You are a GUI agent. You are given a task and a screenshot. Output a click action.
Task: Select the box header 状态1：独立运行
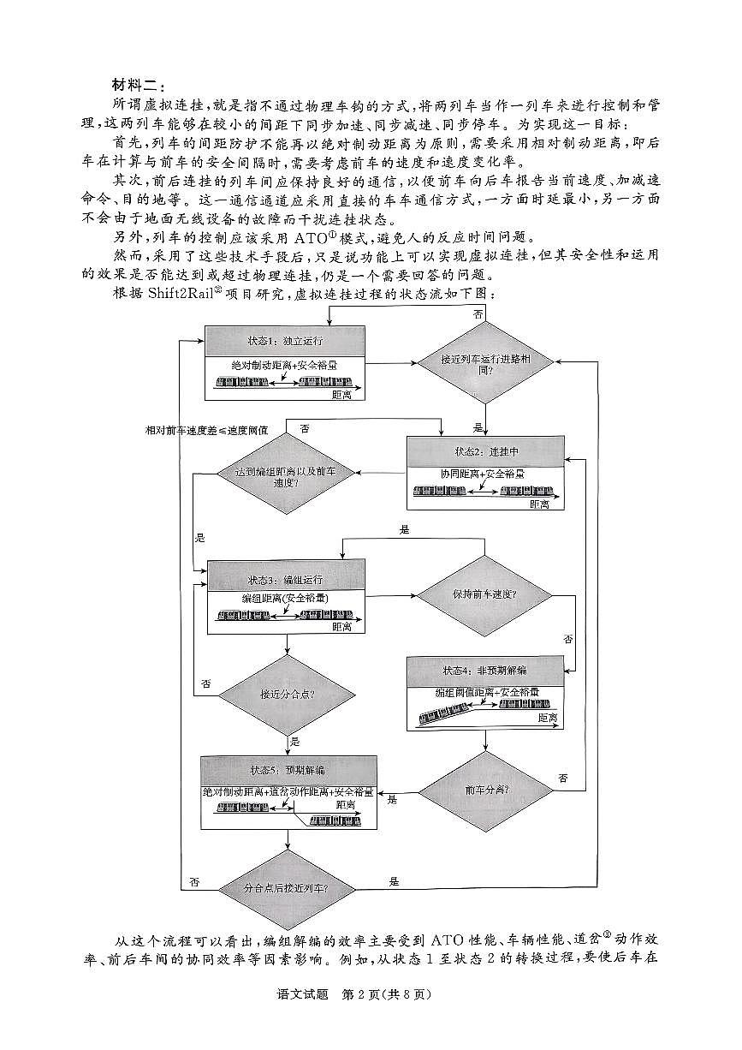(286, 340)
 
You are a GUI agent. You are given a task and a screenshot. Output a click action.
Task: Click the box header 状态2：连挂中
(485, 451)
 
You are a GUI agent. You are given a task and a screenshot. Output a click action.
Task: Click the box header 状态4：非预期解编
(485, 670)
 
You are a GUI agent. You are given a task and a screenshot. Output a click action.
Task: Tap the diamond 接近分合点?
(286, 693)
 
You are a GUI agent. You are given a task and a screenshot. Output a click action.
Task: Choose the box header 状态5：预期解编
(288, 768)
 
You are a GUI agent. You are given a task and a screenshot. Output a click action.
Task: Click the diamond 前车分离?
(484, 790)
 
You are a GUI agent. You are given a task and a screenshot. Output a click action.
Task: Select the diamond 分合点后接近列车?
(286, 887)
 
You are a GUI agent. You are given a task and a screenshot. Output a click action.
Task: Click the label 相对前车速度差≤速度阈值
(206, 431)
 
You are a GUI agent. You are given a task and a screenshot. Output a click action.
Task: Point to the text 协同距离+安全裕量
(483, 474)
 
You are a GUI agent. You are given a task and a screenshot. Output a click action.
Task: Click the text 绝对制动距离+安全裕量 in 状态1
(284, 365)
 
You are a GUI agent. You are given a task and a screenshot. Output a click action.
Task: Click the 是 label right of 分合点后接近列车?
(395, 880)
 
